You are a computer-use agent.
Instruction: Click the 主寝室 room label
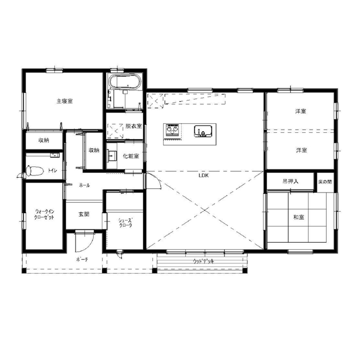point(65,101)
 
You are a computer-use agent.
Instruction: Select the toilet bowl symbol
point(35,171)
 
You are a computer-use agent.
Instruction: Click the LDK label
point(204,176)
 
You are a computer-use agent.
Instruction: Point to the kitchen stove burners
point(172,130)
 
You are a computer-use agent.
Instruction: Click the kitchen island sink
point(203,131)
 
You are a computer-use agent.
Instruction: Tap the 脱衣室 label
point(134,126)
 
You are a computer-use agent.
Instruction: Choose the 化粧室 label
point(131,156)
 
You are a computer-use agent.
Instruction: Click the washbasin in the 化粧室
point(112,156)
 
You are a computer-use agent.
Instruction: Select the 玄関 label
point(84,214)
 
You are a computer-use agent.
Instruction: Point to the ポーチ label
point(82,260)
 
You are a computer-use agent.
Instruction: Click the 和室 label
point(299,217)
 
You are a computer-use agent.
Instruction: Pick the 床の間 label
point(325,182)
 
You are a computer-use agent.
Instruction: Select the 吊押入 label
point(291,181)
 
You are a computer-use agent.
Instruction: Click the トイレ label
point(52,170)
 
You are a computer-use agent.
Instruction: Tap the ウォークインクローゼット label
point(44,214)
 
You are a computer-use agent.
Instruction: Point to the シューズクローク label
point(125,223)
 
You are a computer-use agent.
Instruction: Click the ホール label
point(84,185)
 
